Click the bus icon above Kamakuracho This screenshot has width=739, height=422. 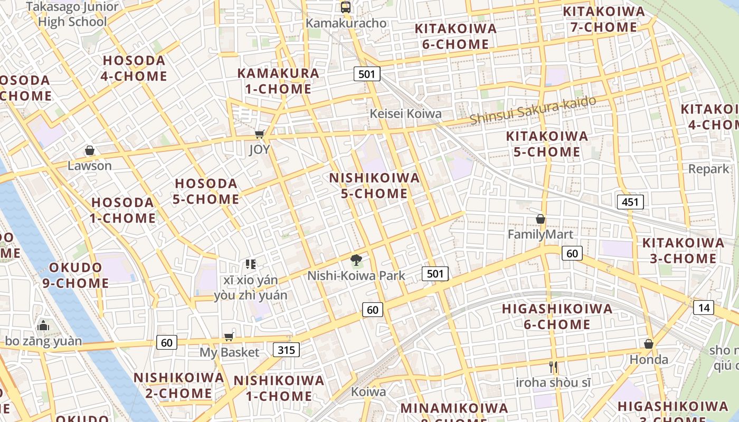[x=346, y=7]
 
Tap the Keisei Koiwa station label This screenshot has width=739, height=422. [x=405, y=114]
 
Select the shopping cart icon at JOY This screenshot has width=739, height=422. [x=259, y=135]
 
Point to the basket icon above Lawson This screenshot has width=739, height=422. [x=90, y=151]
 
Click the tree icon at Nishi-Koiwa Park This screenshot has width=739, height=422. [x=356, y=260]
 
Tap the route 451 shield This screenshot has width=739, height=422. [x=630, y=202]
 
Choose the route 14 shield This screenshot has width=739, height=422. [x=705, y=308]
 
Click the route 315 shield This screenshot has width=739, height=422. [x=287, y=349]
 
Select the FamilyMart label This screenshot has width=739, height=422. [x=540, y=234]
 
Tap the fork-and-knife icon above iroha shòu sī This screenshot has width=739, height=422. [x=553, y=367]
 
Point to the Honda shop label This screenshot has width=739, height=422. [x=649, y=360]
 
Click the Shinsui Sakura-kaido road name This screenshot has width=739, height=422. [x=533, y=110]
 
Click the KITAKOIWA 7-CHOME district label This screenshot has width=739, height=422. [x=603, y=20]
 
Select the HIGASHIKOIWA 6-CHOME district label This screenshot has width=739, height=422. [x=557, y=316]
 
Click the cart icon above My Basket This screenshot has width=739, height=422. [x=229, y=337]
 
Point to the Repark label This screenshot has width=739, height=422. [x=708, y=169]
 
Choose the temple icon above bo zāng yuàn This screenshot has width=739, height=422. [x=43, y=325]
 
